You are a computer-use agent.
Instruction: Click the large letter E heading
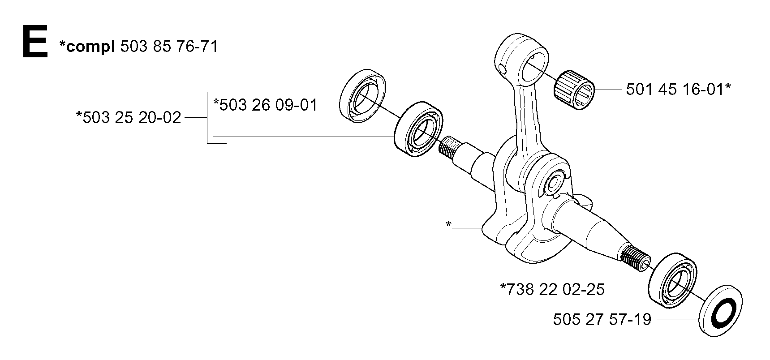point(35,42)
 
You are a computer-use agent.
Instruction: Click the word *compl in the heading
point(87,47)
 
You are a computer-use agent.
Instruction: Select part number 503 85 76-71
point(169,46)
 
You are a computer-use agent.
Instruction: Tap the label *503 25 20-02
point(129,118)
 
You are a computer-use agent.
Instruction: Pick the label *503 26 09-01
point(265,105)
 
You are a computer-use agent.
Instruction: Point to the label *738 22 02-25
point(552,289)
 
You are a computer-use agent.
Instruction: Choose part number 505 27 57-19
point(602,320)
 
